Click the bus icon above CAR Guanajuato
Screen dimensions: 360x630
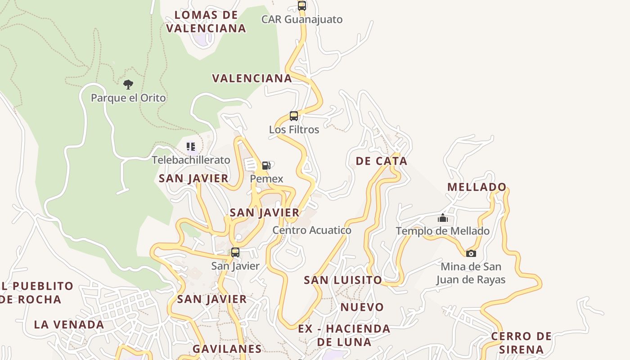coord(302,6)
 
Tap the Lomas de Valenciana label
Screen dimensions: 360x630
coord(206,22)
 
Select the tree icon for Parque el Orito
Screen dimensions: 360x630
coord(128,84)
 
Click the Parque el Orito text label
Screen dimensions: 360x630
coord(128,98)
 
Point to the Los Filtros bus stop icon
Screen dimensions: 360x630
coord(294,116)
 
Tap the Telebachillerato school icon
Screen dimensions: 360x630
coord(191,147)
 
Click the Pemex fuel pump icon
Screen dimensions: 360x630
coord(266,166)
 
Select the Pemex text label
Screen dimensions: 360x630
coord(266,179)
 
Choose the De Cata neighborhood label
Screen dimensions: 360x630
coord(381,161)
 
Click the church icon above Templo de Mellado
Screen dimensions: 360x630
coord(443,218)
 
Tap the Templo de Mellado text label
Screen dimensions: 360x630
coord(443,231)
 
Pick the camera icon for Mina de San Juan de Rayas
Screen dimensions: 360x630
coord(471,253)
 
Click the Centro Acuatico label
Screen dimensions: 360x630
coord(312,230)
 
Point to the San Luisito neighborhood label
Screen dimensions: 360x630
coord(343,280)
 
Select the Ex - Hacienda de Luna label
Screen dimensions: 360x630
coord(344,335)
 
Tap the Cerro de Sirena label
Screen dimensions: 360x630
coord(521,342)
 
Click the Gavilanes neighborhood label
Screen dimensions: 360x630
coord(227,349)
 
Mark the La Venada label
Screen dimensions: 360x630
coord(69,324)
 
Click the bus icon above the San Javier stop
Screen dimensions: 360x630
coord(235,252)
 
